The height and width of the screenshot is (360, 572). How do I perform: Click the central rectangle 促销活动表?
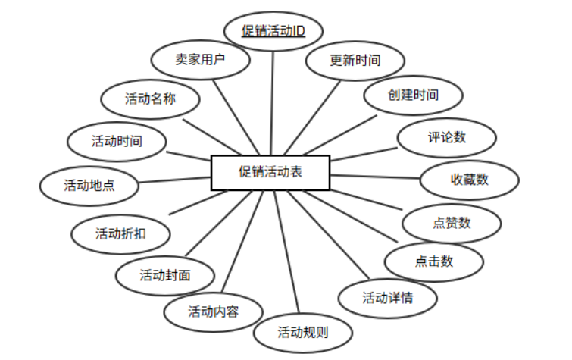pos(270,172)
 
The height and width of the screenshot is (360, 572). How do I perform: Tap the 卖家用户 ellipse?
pos(200,59)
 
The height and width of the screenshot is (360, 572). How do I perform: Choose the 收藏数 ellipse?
pos(470,180)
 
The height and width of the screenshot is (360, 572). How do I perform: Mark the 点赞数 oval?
pos(452,223)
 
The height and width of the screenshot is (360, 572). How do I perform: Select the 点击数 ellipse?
pos(433,261)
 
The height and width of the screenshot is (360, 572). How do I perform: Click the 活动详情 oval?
pos(387,296)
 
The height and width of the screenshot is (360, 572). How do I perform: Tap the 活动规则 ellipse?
pos(303,331)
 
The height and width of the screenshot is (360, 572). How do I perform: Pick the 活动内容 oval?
pos(214,311)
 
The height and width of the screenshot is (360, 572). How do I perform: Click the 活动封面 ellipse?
pos(165,274)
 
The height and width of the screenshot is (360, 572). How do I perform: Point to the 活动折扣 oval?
pos(121,233)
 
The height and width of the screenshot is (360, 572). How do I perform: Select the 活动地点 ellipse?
pos(89,184)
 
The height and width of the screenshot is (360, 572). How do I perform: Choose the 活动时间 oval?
pos(117,141)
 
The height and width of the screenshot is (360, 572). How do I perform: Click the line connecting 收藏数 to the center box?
pos(376,177)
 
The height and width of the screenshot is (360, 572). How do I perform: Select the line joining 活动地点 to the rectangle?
pos(174,179)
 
